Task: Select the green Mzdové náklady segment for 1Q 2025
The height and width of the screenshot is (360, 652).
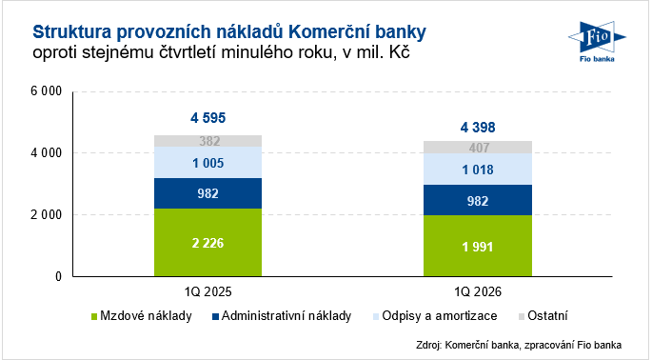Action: coord(207,242)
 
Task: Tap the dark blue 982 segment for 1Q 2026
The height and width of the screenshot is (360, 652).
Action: coord(478,200)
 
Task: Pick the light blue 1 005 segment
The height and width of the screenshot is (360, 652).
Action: coord(207,162)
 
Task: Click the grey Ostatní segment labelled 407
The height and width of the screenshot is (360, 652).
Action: coord(478,148)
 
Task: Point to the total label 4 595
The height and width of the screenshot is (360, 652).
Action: coord(207,118)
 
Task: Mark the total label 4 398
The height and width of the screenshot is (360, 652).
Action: coord(478,127)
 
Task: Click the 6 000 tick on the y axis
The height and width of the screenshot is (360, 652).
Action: coord(46,90)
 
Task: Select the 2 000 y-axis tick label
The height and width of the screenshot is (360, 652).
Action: coord(46,214)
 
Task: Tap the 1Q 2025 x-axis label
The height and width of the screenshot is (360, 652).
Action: coord(207,291)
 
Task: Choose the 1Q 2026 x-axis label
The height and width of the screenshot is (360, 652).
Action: coord(478,291)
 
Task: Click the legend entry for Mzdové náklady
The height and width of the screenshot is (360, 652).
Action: coord(142,316)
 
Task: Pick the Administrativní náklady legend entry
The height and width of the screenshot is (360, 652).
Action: coord(282,316)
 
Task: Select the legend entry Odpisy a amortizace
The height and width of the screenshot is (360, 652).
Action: coord(435,316)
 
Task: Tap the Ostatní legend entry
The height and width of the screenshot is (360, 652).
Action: coord(543,316)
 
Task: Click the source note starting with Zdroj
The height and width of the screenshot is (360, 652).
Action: coord(519,345)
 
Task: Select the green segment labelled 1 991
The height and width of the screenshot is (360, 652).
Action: coord(478,246)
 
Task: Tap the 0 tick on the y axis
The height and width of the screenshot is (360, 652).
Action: coord(59,276)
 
